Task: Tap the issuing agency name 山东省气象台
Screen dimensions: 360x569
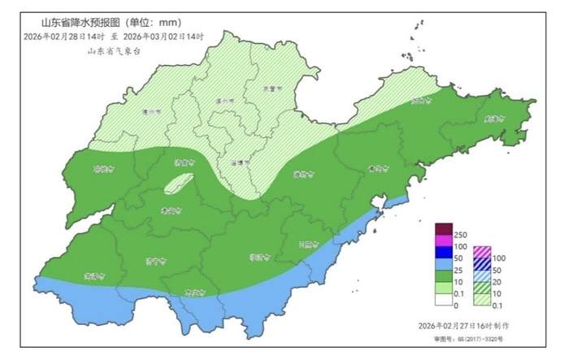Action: point(115,51)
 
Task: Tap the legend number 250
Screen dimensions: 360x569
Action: point(460,235)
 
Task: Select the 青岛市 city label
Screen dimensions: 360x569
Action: point(376,169)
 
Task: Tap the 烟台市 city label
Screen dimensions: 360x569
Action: point(420,102)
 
